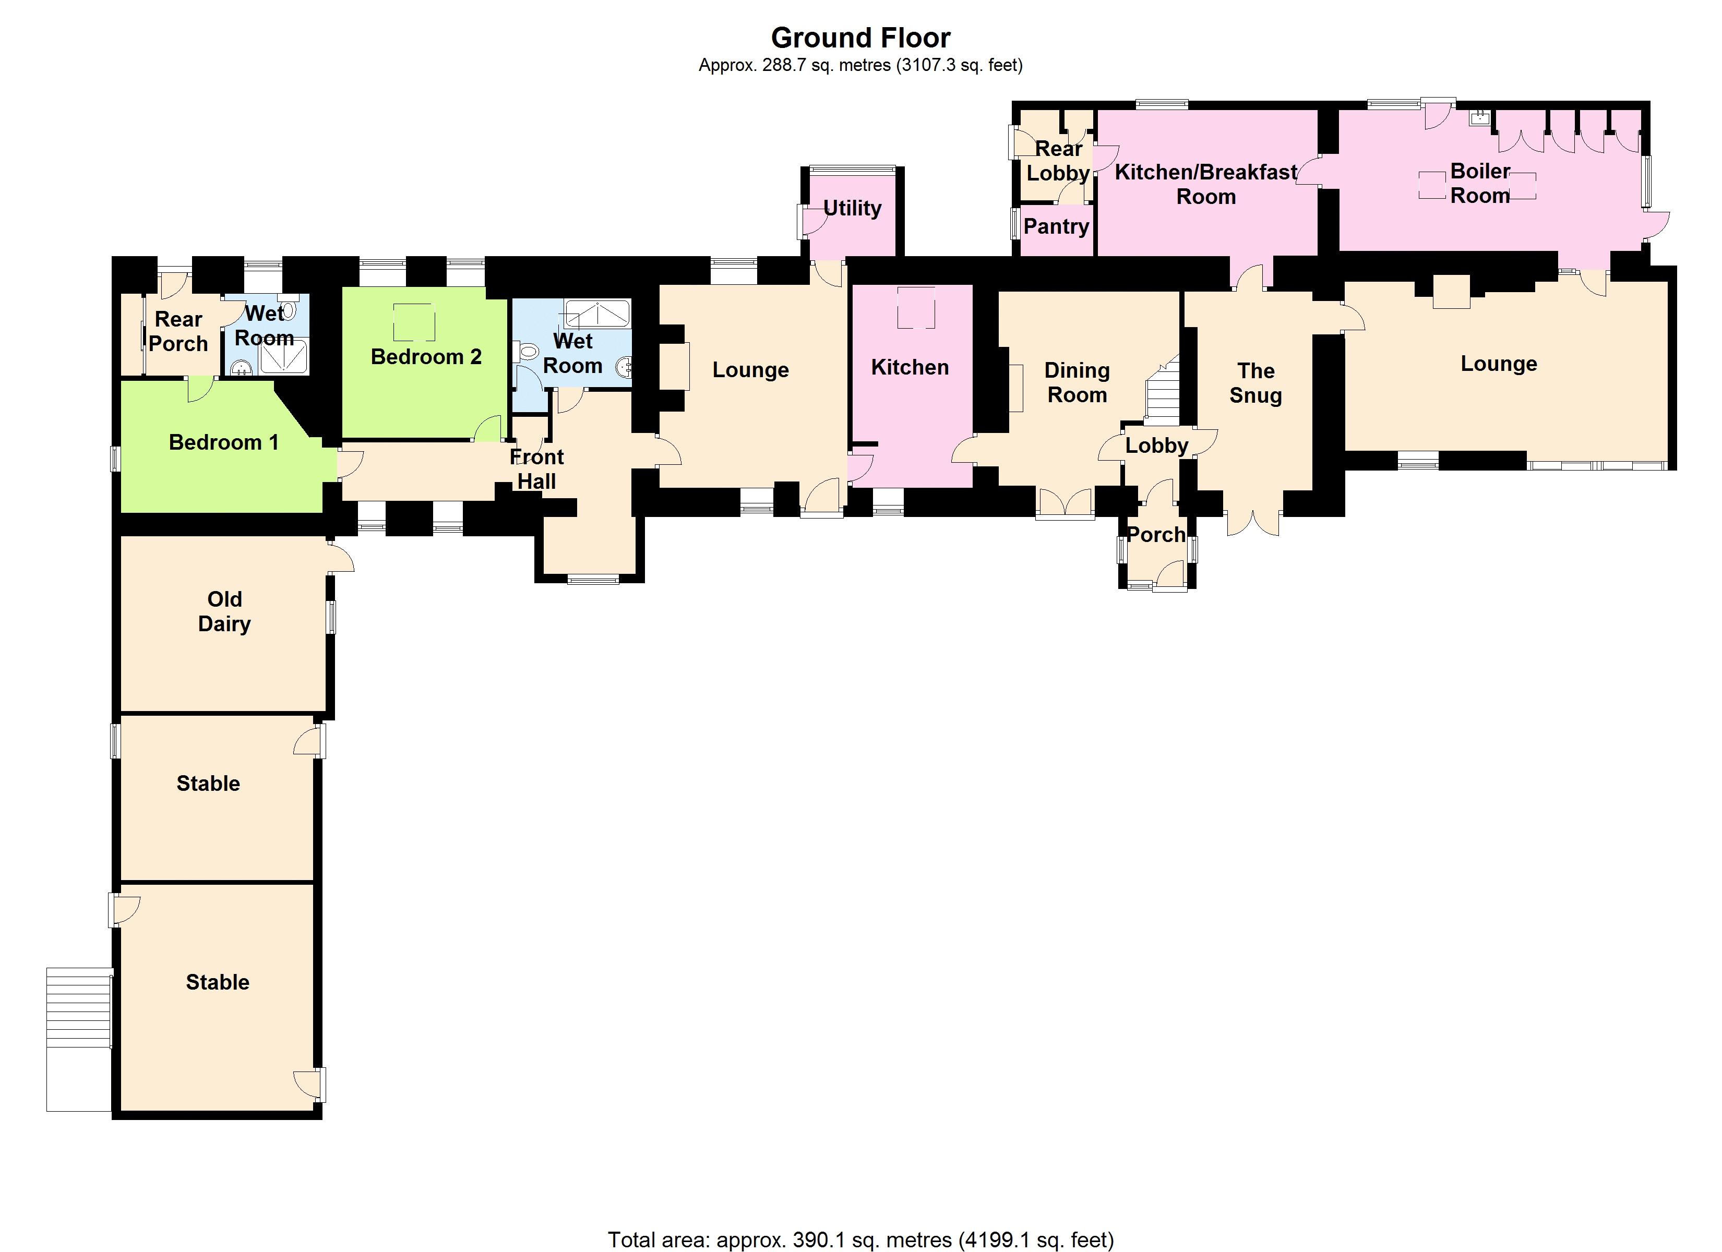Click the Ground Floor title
[860, 38]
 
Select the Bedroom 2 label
[426, 357]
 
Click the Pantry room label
[1056, 226]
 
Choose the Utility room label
[852, 208]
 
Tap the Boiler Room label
[1480, 183]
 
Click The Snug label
[1255, 383]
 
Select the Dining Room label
[1077, 383]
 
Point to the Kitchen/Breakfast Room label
[1206, 185]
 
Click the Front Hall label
[537, 469]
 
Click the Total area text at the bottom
[860, 1240]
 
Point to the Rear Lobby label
[1058, 161]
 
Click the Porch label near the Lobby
[1156, 535]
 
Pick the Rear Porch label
[178, 332]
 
